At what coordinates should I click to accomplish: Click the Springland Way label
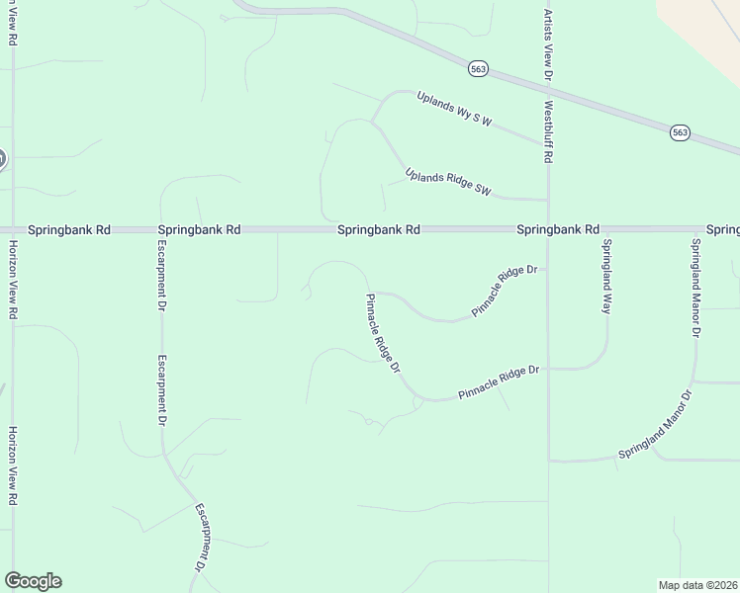(x=606, y=277)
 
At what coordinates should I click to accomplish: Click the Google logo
(x=33, y=581)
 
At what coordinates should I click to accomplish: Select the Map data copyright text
(x=698, y=584)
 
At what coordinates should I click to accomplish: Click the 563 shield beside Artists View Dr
(x=479, y=68)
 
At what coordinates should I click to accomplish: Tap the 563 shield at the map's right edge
(x=680, y=131)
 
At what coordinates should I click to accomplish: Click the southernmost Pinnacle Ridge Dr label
(x=499, y=383)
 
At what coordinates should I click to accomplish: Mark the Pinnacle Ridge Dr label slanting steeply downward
(x=382, y=334)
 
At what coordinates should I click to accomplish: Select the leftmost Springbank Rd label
(x=69, y=229)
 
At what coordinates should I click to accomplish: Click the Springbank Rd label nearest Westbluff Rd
(x=558, y=229)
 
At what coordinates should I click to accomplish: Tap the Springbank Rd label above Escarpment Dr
(x=199, y=229)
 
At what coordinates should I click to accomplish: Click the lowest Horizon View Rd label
(x=13, y=466)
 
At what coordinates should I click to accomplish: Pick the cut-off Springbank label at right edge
(x=723, y=229)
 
